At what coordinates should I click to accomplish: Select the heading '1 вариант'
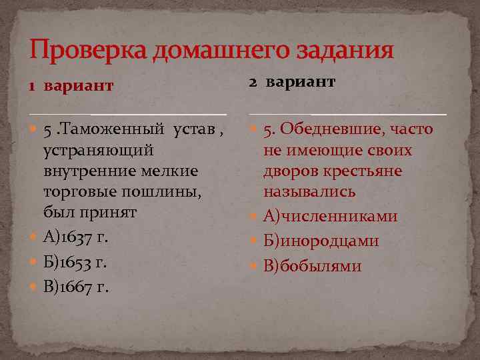pos(70,86)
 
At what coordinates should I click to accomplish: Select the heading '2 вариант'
pos(292,81)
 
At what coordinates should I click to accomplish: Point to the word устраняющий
pos(99,150)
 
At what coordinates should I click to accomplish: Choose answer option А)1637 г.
pos(75,237)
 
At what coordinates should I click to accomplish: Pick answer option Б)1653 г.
pos(75,262)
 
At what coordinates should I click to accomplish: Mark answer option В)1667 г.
pos(76,287)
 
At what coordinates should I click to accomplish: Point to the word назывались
pos(309,192)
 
